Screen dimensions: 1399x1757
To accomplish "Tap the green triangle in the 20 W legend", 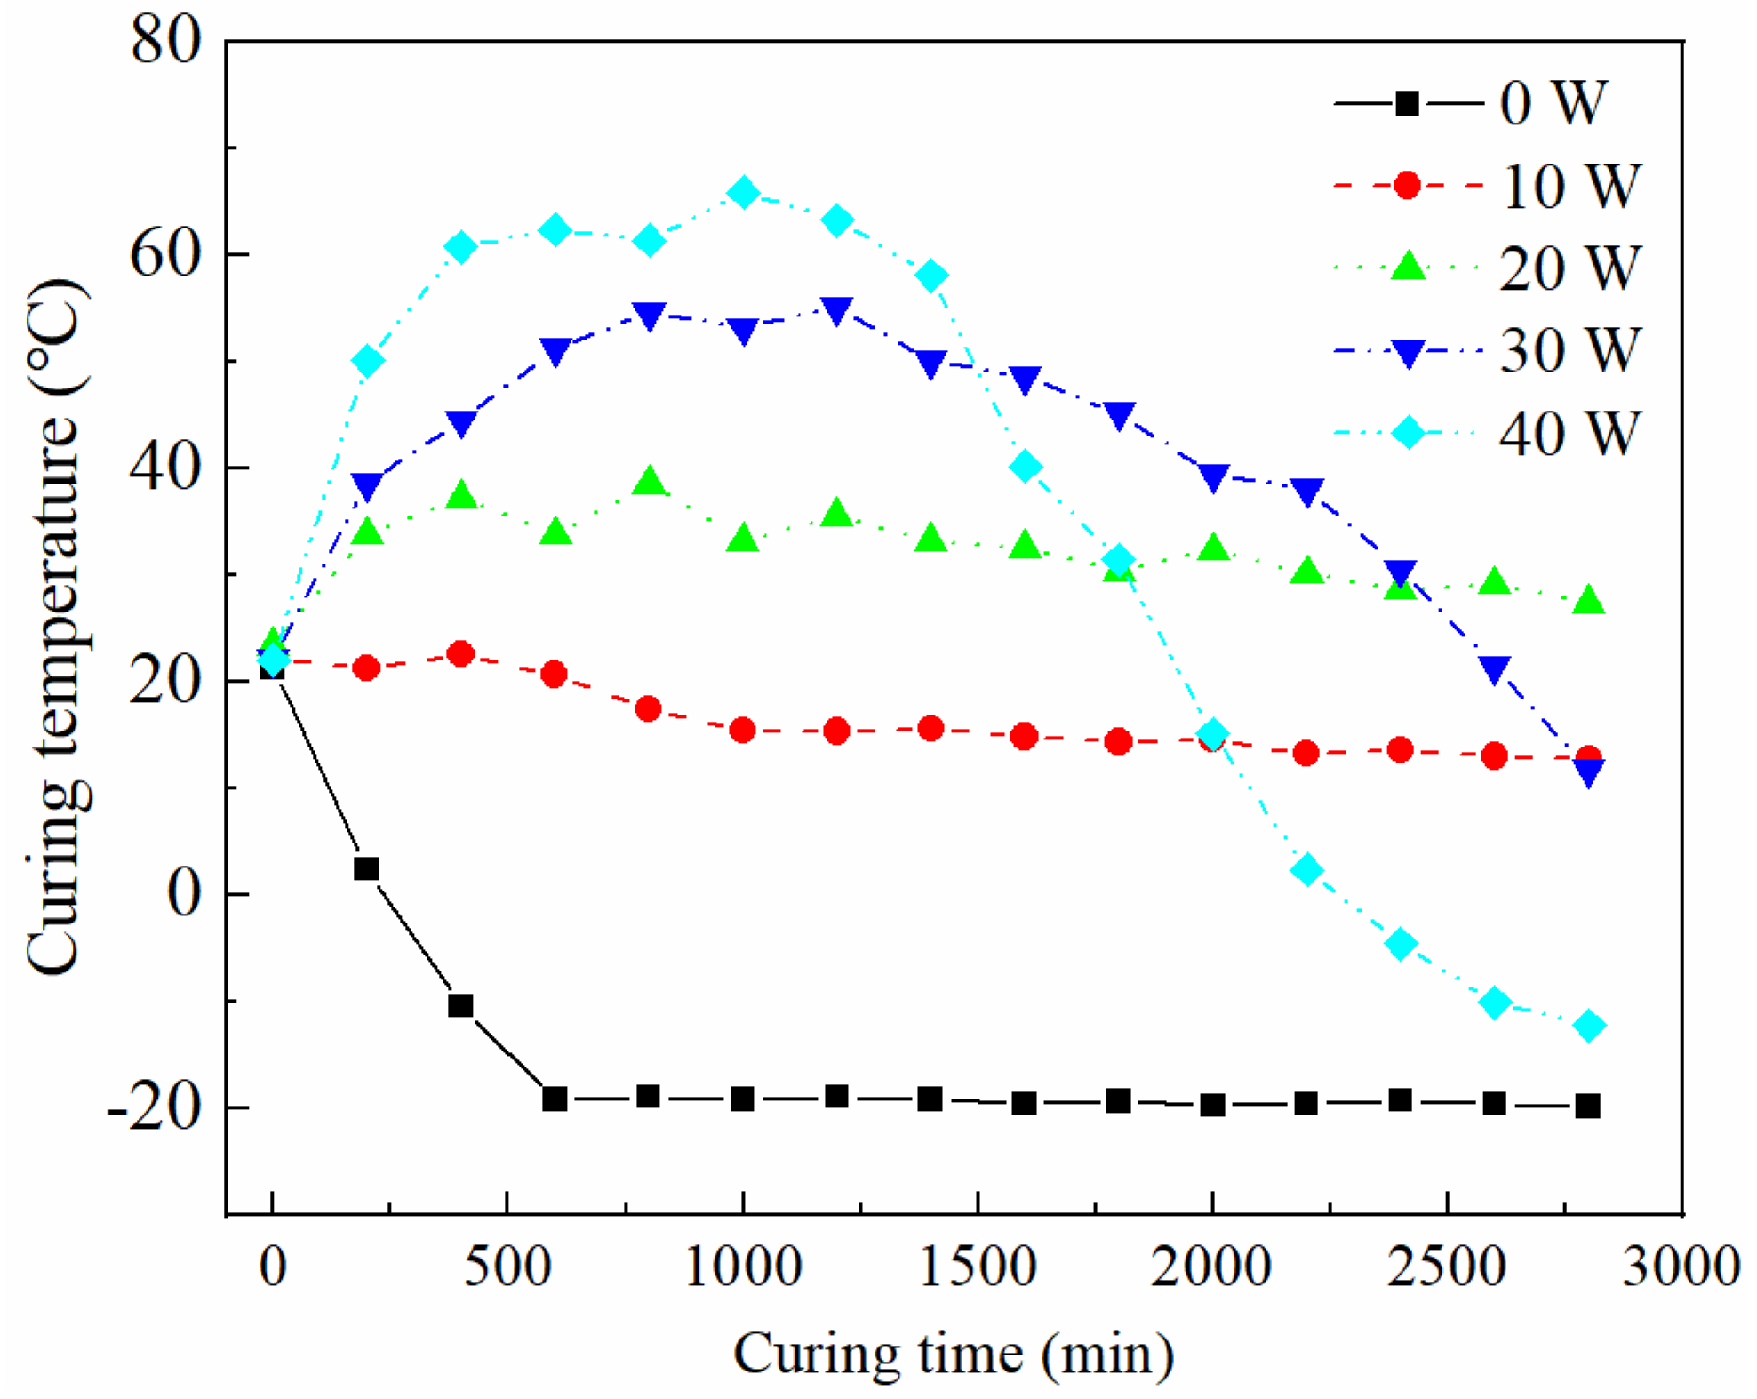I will pos(1407,266).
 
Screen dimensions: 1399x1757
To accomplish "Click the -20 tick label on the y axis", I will pos(154,1108).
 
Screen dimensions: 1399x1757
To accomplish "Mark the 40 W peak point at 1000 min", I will pos(743,192).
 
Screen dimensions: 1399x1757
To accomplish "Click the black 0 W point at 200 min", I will pos(366,868).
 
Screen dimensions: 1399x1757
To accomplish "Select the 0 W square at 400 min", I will pos(460,1006).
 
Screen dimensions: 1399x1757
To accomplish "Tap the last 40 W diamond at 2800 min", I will pos(1589,1026).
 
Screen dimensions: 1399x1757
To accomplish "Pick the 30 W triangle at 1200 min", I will pos(837,311).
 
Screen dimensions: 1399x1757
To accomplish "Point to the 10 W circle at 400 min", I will pos(460,654).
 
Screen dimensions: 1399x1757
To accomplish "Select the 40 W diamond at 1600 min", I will pos(1026,466).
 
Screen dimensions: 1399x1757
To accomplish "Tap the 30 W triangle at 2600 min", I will pos(1495,670).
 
